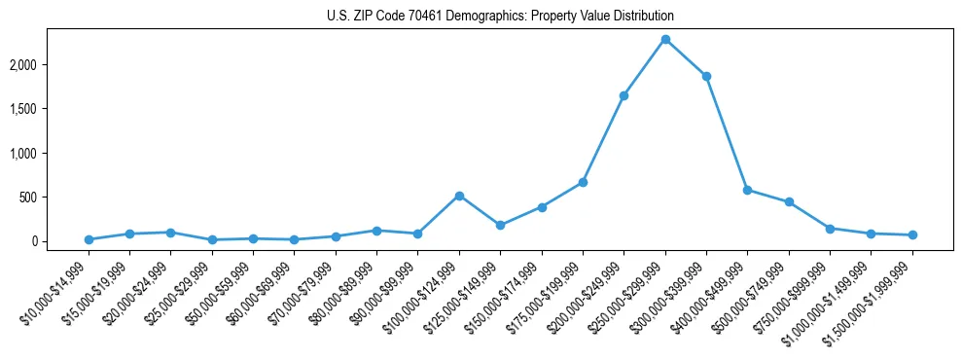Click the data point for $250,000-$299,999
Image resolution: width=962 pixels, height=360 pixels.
(665, 40)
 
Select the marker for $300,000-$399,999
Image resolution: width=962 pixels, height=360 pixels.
(706, 76)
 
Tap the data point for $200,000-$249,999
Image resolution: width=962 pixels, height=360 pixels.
(624, 95)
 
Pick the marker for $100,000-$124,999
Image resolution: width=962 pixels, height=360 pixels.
(459, 196)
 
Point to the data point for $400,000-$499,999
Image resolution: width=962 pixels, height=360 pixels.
(747, 190)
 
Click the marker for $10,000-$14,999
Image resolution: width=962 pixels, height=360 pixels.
(89, 239)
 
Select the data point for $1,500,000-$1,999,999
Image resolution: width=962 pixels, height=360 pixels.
(912, 234)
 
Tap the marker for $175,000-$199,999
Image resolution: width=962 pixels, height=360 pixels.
(583, 182)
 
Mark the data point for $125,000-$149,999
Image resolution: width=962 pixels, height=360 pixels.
(500, 225)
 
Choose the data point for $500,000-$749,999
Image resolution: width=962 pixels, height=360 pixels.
(789, 202)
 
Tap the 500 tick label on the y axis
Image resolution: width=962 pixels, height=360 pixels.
(58, 198)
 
